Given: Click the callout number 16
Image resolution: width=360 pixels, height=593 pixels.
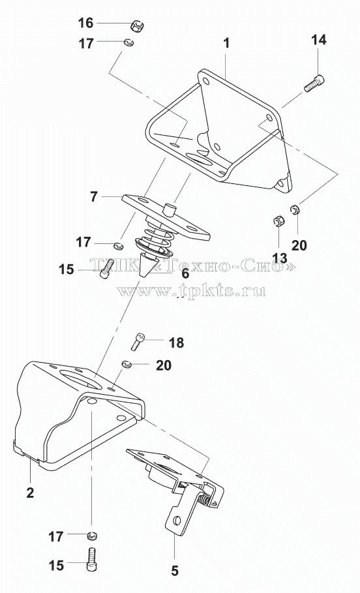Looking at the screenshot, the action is point(85,23).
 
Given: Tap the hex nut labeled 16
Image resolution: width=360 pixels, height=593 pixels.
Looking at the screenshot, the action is point(138,27).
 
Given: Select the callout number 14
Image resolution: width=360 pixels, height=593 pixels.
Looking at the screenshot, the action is point(319,40).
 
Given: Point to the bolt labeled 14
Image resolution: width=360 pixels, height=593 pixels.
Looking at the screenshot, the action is point(314,84).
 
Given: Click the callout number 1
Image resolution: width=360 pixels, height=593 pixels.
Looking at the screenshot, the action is point(226,43).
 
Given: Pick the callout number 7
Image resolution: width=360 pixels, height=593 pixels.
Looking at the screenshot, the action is point(94,196).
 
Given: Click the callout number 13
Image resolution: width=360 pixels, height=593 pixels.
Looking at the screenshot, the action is point(280,258).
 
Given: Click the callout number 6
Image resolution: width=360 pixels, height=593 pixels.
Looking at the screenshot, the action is point(185,273).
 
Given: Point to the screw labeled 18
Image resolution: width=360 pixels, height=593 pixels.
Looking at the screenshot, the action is point(138,341).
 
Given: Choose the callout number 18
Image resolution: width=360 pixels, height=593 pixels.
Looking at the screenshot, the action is point(176,342).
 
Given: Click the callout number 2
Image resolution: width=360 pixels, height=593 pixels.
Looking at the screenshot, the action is point(30,493).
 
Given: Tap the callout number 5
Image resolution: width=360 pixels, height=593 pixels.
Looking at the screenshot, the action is point(174,571).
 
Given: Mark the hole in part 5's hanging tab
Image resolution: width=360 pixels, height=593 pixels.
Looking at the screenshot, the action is point(176,521).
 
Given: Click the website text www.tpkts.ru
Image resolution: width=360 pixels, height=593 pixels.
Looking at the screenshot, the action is point(191,290).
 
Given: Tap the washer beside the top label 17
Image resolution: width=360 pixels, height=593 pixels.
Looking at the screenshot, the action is point(128,42).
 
